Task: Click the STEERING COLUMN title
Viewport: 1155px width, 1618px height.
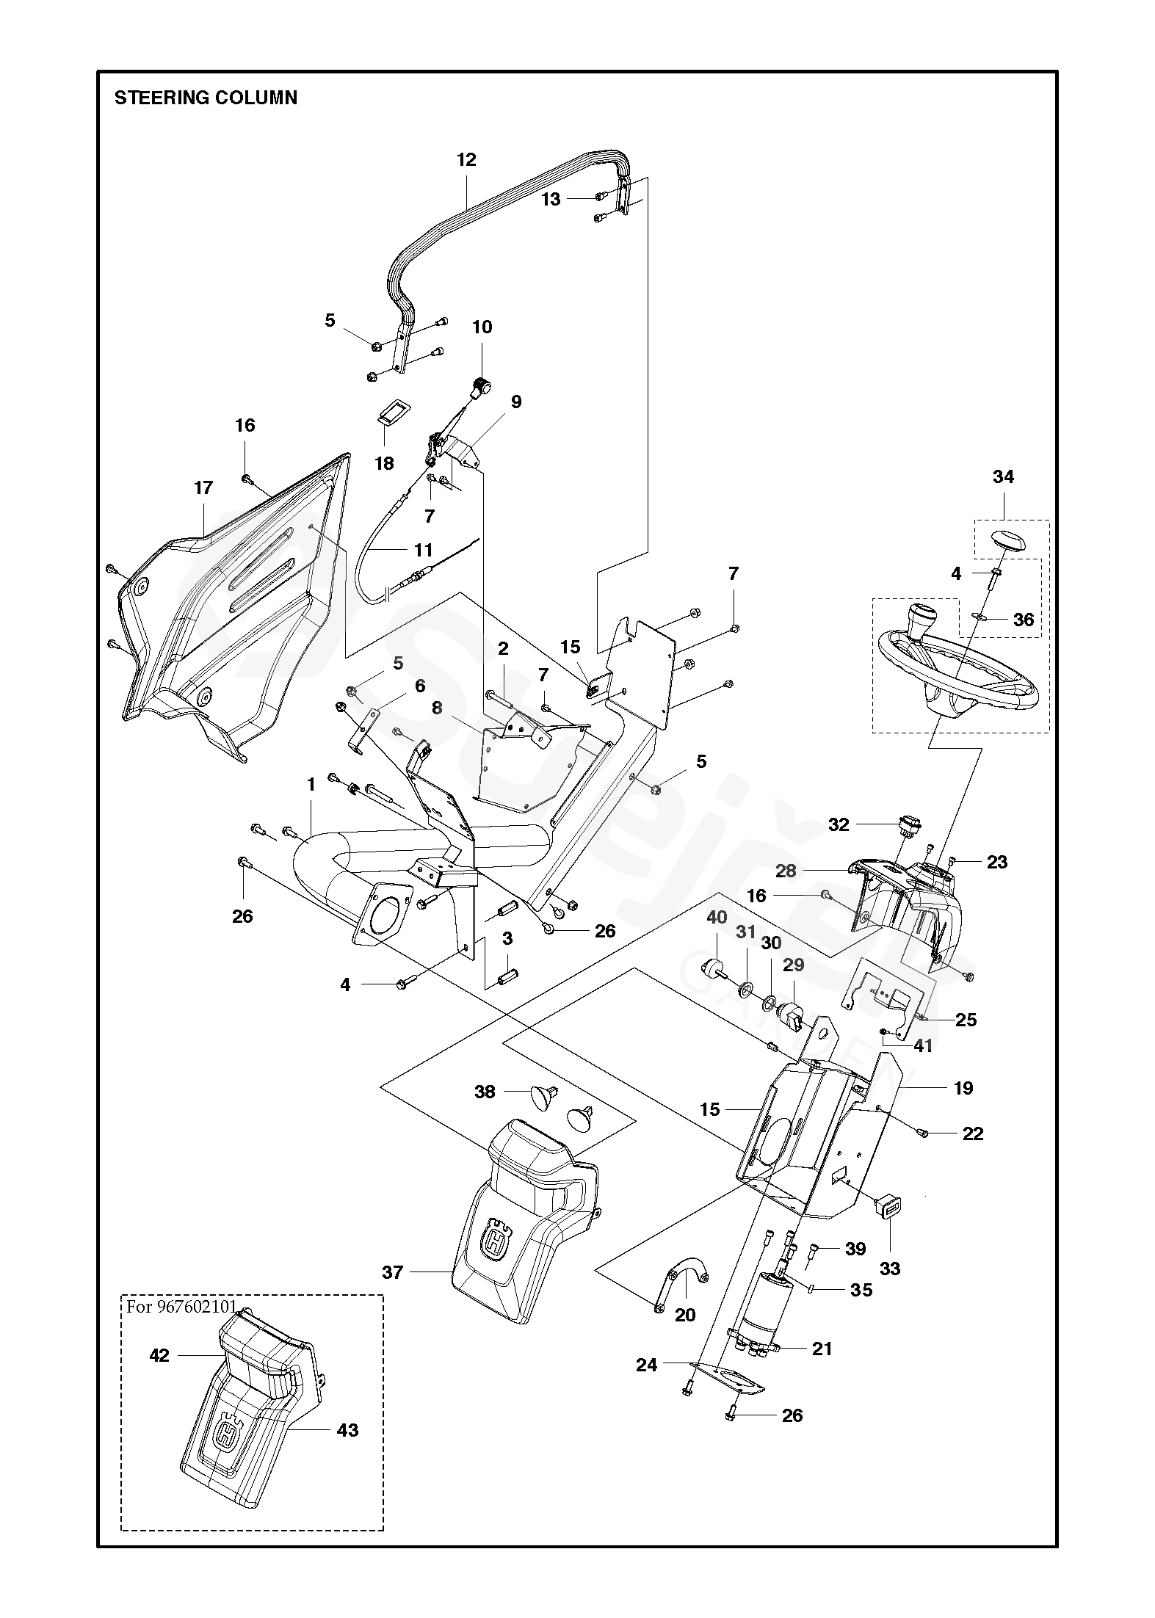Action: [x=206, y=98]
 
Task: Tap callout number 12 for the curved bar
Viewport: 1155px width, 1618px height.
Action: [x=466, y=160]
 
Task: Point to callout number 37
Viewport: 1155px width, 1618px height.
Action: [x=393, y=1271]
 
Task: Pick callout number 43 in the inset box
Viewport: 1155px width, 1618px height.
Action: [x=347, y=1429]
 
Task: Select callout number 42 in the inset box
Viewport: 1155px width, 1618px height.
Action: [x=159, y=1355]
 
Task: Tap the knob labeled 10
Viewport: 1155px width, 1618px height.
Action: [x=482, y=385]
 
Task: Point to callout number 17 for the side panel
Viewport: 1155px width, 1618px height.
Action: [x=203, y=487]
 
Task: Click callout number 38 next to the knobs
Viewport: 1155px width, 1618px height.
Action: [x=485, y=1092]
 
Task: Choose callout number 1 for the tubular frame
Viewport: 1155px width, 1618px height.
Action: [x=311, y=785]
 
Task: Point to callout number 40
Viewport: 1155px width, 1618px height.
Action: [x=717, y=917]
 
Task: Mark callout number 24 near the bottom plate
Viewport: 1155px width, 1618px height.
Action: [x=646, y=1365]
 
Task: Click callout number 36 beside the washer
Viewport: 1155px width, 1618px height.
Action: [x=1023, y=620]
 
